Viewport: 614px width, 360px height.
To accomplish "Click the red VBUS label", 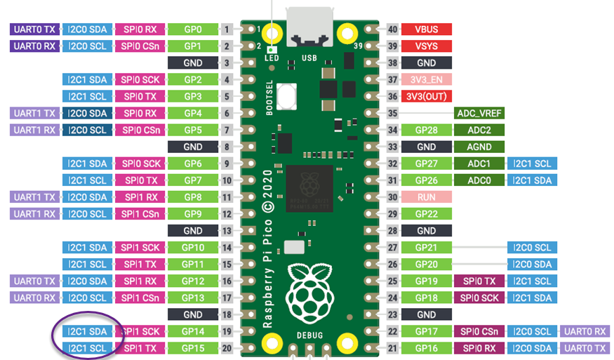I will pos(426,29).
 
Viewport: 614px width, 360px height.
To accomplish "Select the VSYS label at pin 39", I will pos(426,46).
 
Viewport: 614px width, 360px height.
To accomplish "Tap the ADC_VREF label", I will pos(480,112).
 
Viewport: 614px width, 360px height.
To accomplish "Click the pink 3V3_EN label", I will pos(426,79).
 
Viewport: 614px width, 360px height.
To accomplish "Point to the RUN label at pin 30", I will pos(426,197).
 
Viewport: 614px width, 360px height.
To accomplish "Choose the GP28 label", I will pos(426,130).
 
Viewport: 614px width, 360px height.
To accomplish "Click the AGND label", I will pos(480,147).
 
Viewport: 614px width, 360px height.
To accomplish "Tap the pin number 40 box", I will pos(392,29).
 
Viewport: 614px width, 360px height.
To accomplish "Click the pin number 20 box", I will pos(227,348).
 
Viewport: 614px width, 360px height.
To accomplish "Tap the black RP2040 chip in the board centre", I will pos(309,185).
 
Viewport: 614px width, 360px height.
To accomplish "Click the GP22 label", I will pos(426,214).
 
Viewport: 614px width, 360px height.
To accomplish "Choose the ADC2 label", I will pos(480,130).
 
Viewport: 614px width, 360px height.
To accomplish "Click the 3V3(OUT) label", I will pos(426,96).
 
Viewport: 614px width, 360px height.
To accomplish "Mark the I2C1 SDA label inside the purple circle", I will pos(88,331).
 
